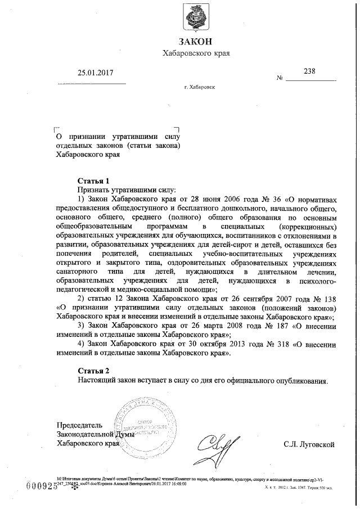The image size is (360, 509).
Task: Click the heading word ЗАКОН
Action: coord(196,41)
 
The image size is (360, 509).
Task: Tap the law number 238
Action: coord(309,71)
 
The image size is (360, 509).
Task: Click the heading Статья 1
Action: coord(93,181)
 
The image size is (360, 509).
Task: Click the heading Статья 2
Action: coord(93,370)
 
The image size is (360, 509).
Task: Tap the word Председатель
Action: coord(79,425)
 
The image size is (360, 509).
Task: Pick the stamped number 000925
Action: coord(43,487)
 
